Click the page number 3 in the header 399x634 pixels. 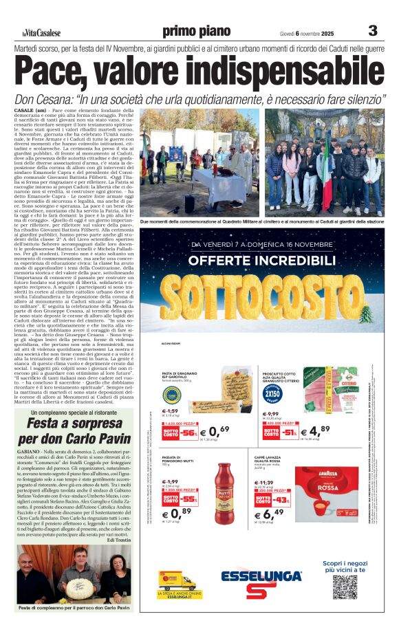373,31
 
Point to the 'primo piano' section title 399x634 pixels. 196,32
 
